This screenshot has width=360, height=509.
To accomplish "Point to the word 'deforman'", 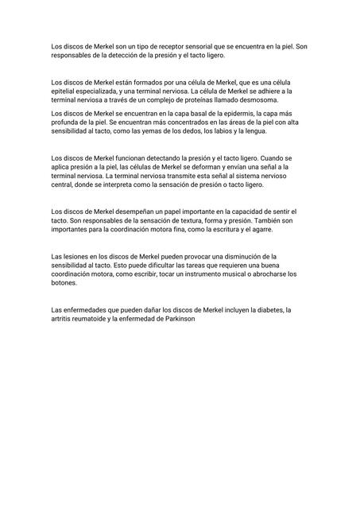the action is pyautogui.click(x=203, y=168).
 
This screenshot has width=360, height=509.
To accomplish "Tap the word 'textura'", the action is pyautogui.click(x=180, y=220).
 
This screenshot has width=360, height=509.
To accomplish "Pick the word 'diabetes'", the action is pyautogui.click(x=268, y=310).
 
